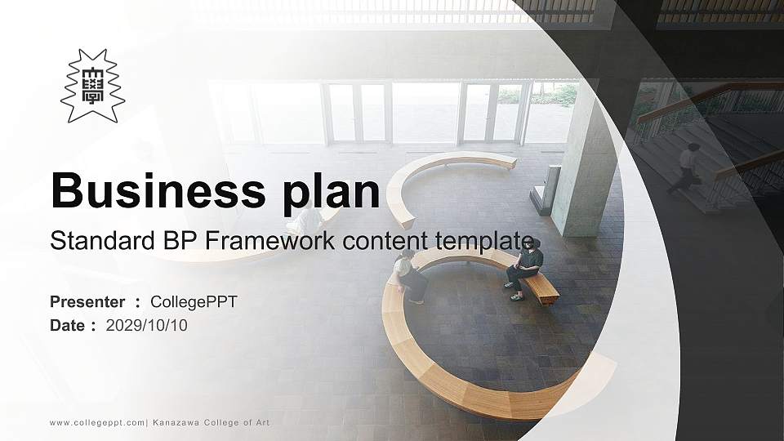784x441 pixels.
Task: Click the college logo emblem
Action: tap(92, 86)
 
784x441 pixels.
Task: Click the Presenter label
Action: tap(87, 302)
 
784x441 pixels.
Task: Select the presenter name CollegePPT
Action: tap(194, 302)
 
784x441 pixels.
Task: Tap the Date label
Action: tap(68, 325)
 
